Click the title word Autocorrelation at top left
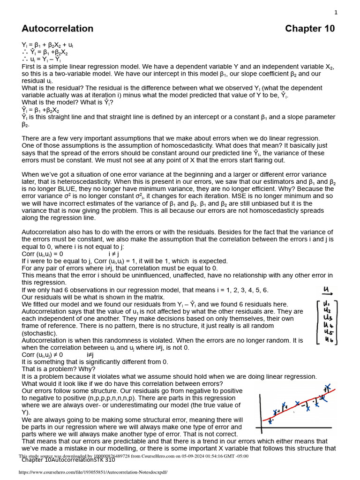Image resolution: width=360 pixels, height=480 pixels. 57,29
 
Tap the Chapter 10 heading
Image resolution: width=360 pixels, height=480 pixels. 310,29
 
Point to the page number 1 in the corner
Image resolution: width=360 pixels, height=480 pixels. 336,13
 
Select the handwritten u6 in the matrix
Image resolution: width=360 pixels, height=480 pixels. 328,340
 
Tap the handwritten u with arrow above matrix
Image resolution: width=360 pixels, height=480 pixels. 327,290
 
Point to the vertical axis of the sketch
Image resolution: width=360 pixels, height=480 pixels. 261,412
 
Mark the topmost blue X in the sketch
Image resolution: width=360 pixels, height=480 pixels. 328,387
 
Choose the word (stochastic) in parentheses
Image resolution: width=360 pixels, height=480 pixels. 39,333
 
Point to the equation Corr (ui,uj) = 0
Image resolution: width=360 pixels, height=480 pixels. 42,254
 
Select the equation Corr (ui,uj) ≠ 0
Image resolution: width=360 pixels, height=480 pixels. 42,355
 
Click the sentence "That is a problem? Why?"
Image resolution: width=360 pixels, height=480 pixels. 58,369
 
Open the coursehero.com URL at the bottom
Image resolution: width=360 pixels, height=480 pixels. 93,472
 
